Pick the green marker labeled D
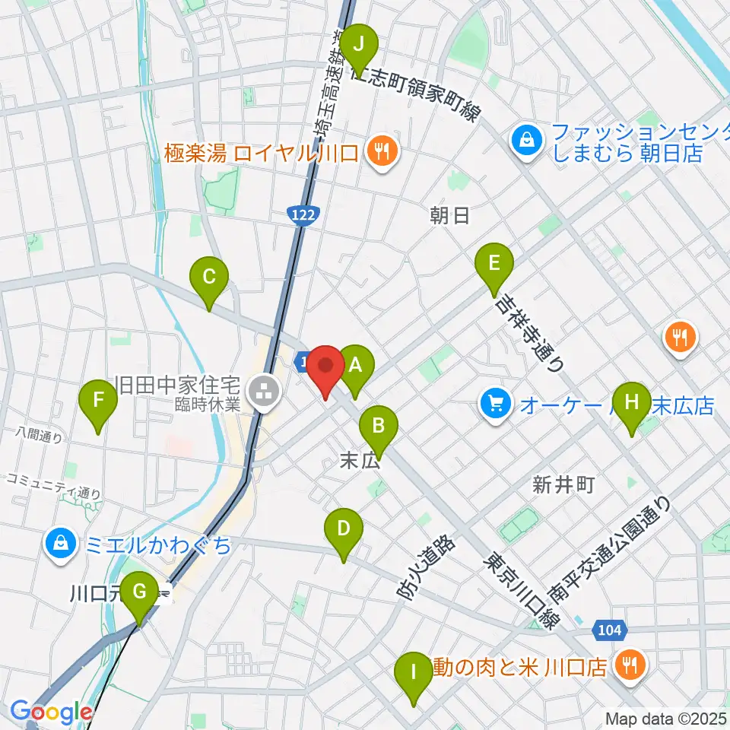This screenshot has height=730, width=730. pos(343,533)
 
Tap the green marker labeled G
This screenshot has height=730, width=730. pos(139,596)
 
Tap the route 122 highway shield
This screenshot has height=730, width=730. pos(304,217)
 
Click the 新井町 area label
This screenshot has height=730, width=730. pos(563,485)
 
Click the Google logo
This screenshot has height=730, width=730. pos(50,713)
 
